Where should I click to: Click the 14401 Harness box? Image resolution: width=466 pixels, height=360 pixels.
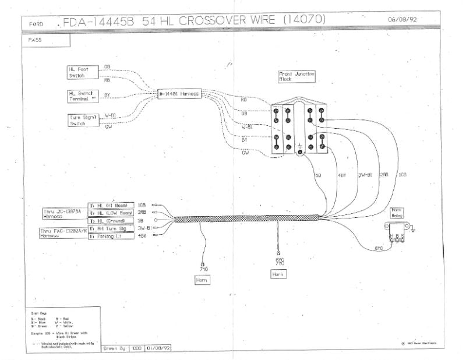point(180,93)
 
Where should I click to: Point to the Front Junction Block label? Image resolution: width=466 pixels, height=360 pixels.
point(297,76)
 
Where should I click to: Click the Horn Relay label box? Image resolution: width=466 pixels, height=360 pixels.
point(396,213)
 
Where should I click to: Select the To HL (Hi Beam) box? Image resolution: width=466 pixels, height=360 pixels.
point(111,206)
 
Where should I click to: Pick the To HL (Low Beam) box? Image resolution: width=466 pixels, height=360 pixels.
point(111,213)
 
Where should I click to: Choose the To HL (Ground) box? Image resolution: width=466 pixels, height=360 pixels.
point(111,221)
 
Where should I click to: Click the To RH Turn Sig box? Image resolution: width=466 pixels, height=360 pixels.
point(111,229)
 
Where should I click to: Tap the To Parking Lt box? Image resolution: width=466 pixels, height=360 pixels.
point(111,237)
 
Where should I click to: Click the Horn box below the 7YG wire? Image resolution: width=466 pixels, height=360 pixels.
point(202,280)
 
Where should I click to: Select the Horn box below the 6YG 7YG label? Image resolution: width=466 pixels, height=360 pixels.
point(278,273)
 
